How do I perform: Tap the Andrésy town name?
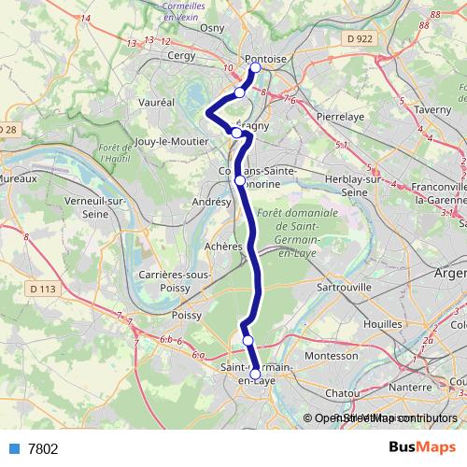click(210, 201)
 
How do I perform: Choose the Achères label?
click(224, 247)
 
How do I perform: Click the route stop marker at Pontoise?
click(255, 68)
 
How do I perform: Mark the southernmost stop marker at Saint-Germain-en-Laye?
click(255, 375)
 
